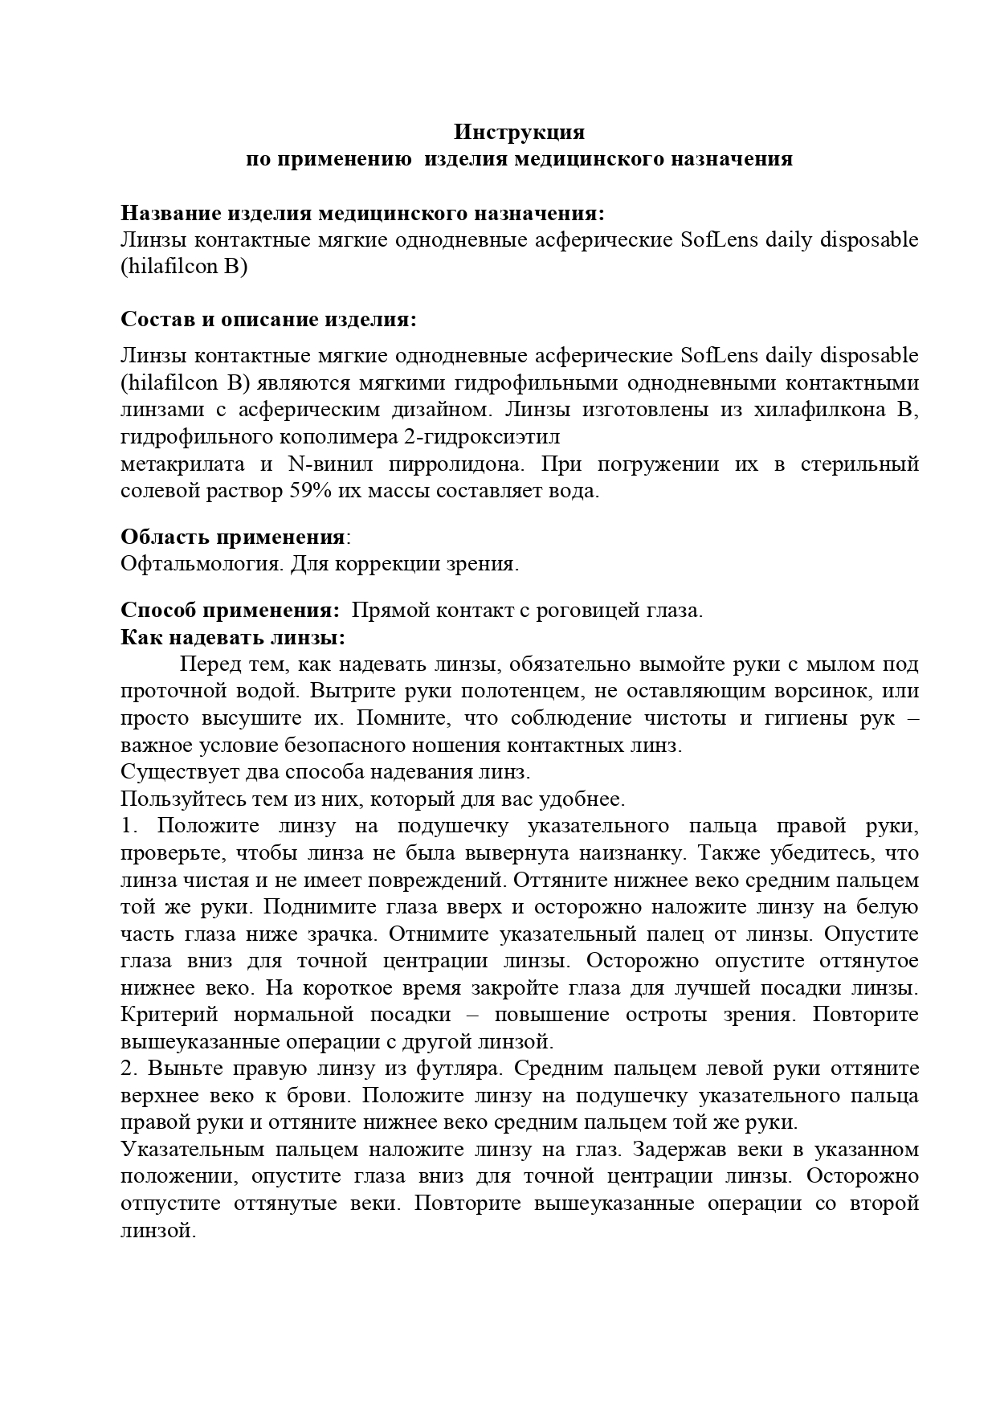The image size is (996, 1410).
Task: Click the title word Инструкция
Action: click(x=520, y=131)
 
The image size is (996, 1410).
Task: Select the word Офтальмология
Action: click(x=201, y=564)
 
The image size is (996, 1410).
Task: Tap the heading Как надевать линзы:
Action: click(x=233, y=638)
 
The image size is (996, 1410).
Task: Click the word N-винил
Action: click(x=328, y=465)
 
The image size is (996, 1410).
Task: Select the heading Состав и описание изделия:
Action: click(x=269, y=319)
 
